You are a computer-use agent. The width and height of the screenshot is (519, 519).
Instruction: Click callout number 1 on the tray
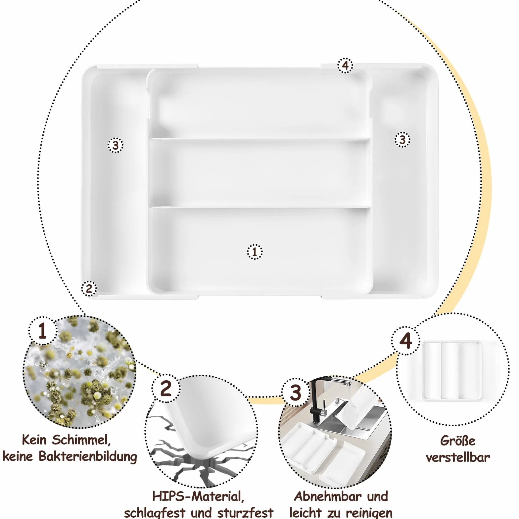pyautogui.click(x=255, y=252)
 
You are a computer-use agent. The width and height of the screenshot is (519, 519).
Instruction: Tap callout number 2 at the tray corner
pyautogui.click(x=89, y=288)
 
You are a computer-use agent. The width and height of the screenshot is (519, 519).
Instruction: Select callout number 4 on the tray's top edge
pyautogui.click(x=345, y=66)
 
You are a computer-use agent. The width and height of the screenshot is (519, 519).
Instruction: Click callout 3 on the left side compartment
pyautogui.click(x=116, y=145)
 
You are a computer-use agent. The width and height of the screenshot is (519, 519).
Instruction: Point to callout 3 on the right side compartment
pyautogui.click(x=402, y=140)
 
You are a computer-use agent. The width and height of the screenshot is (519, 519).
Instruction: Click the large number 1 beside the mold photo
pyautogui.click(x=42, y=331)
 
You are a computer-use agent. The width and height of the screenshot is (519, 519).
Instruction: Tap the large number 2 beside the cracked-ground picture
pyautogui.click(x=166, y=388)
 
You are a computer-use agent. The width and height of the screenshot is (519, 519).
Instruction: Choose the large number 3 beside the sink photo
pyautogui.click(x=296, y=393)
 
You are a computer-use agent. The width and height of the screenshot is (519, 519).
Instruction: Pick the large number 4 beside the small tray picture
pyautogui.click(x=406, y=341)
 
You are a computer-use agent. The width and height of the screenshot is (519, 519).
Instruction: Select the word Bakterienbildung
pyautogui.click(x=88, y=456)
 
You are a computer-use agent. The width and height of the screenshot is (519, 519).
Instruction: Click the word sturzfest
pyautogui.click(x=245, y=513)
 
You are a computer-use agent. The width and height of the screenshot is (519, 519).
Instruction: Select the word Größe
pyautogui.click(x=458, y=441)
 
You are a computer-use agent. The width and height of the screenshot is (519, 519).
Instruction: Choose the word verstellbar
pyautogui.click(x=458, y=457)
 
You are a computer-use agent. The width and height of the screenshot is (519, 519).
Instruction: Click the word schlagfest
pyautogui.click(x=154, y=513)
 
